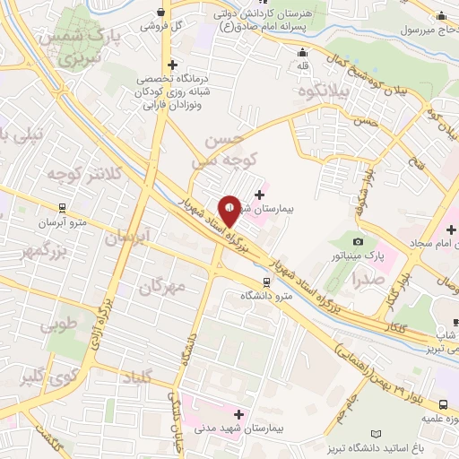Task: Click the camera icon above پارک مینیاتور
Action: (x=359, y=241)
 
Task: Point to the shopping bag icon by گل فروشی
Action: (x=160, y=12)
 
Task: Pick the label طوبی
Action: (x=60, y=325)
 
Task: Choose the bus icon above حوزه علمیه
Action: (x=445, y=405)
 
